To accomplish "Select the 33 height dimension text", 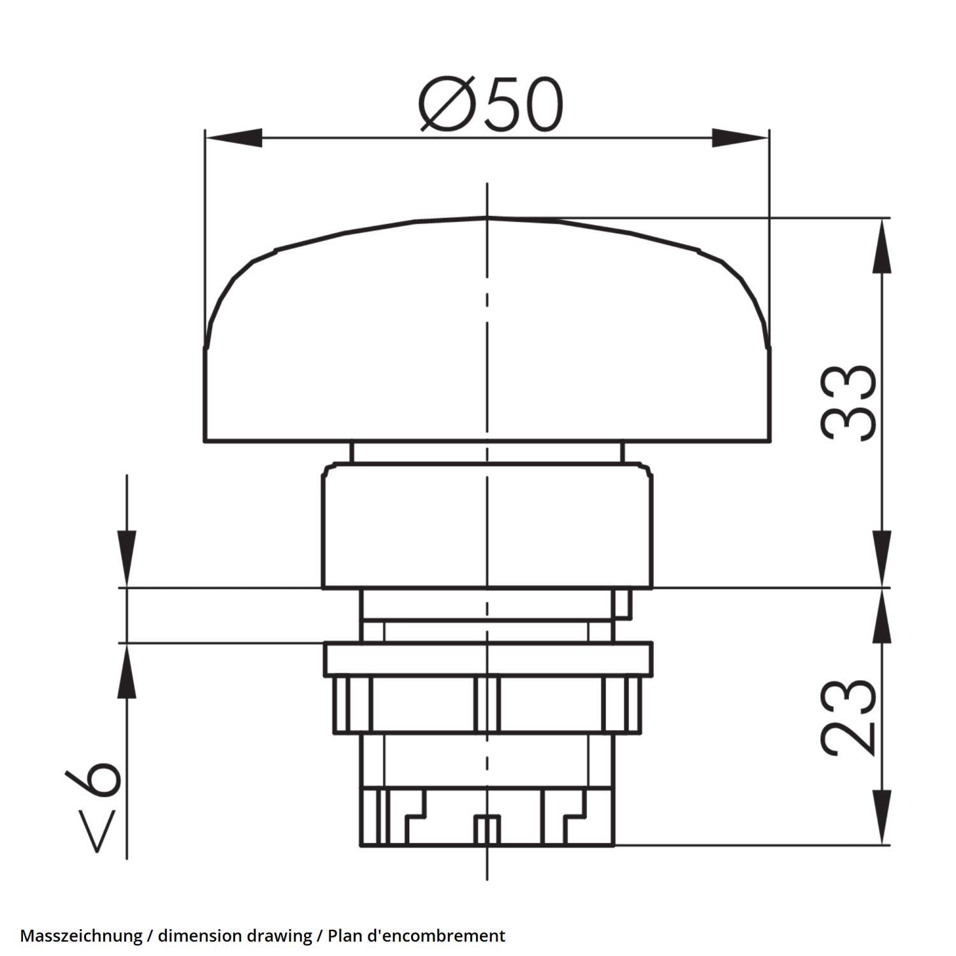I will (x=848, y=403).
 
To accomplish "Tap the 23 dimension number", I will (x=848, y=717).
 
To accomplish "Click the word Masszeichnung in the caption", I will (x=81, y=936).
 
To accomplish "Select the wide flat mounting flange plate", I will (x=488, y=659).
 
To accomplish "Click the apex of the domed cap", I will (x=488, y=218).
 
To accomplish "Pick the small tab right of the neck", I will (x=623, y=603).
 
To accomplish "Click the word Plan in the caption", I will (x=342, y=936).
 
